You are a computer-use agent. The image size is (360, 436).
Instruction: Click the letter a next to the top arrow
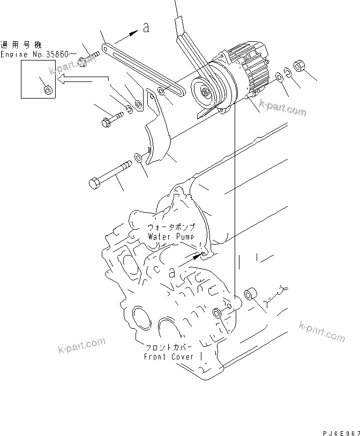146,28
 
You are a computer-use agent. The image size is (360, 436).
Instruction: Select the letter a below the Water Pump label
172,272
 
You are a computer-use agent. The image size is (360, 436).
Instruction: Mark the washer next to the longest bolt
138,157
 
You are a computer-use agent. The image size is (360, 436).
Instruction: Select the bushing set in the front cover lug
217,313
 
